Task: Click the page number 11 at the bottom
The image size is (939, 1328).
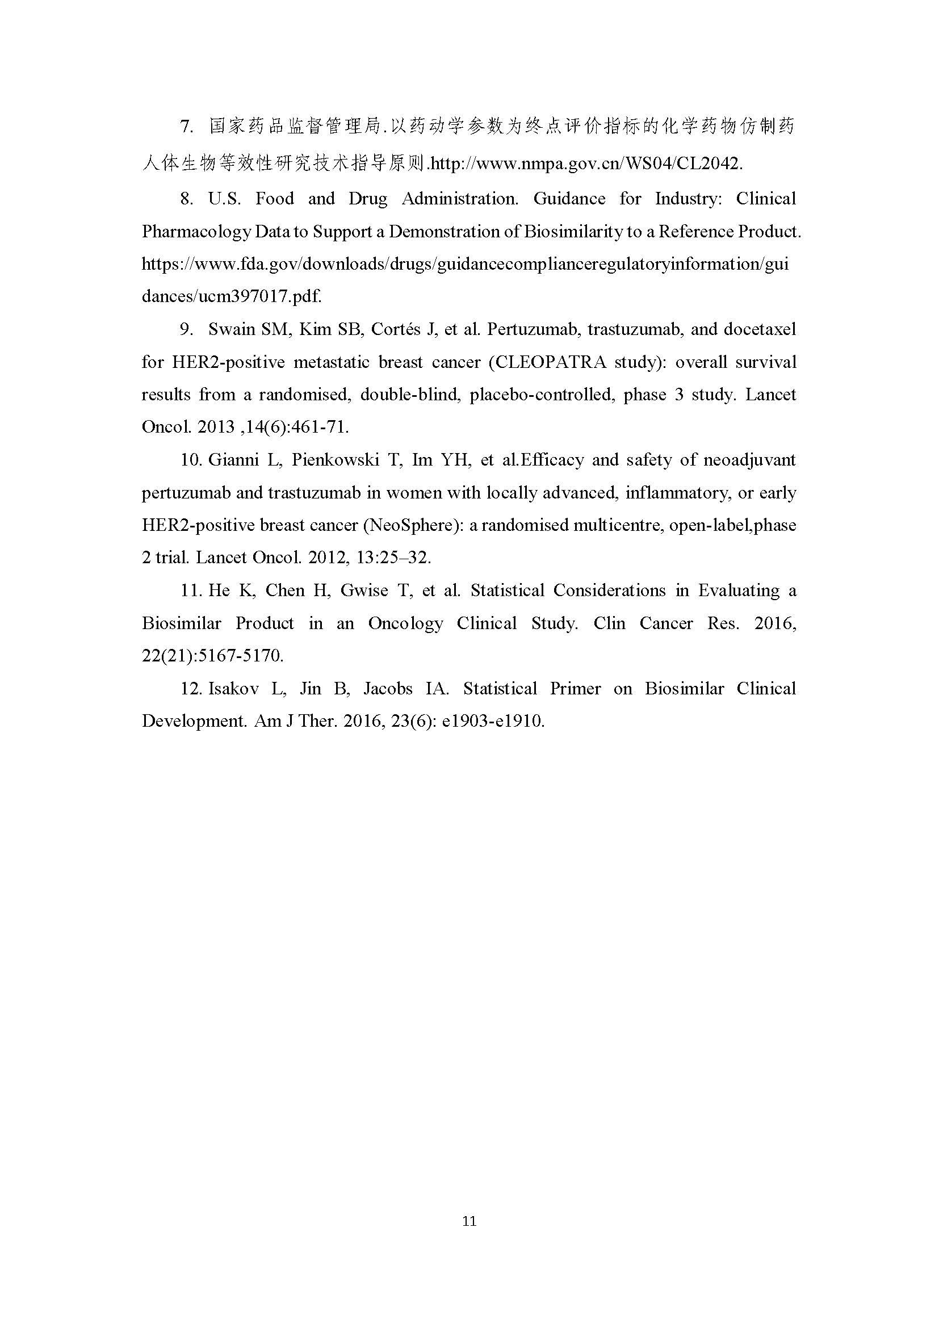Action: [x=469, y=1221]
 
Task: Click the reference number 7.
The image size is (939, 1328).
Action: [x=186, y=126]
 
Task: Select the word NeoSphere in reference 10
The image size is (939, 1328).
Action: [x=410, y=525]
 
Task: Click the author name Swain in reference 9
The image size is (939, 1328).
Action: [x=231, y=329]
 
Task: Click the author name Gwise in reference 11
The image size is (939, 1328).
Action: [x=364, y=590]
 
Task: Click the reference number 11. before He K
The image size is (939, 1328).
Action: [x=190, y=590]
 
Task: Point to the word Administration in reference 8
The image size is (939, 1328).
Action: [x=460, y=198]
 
